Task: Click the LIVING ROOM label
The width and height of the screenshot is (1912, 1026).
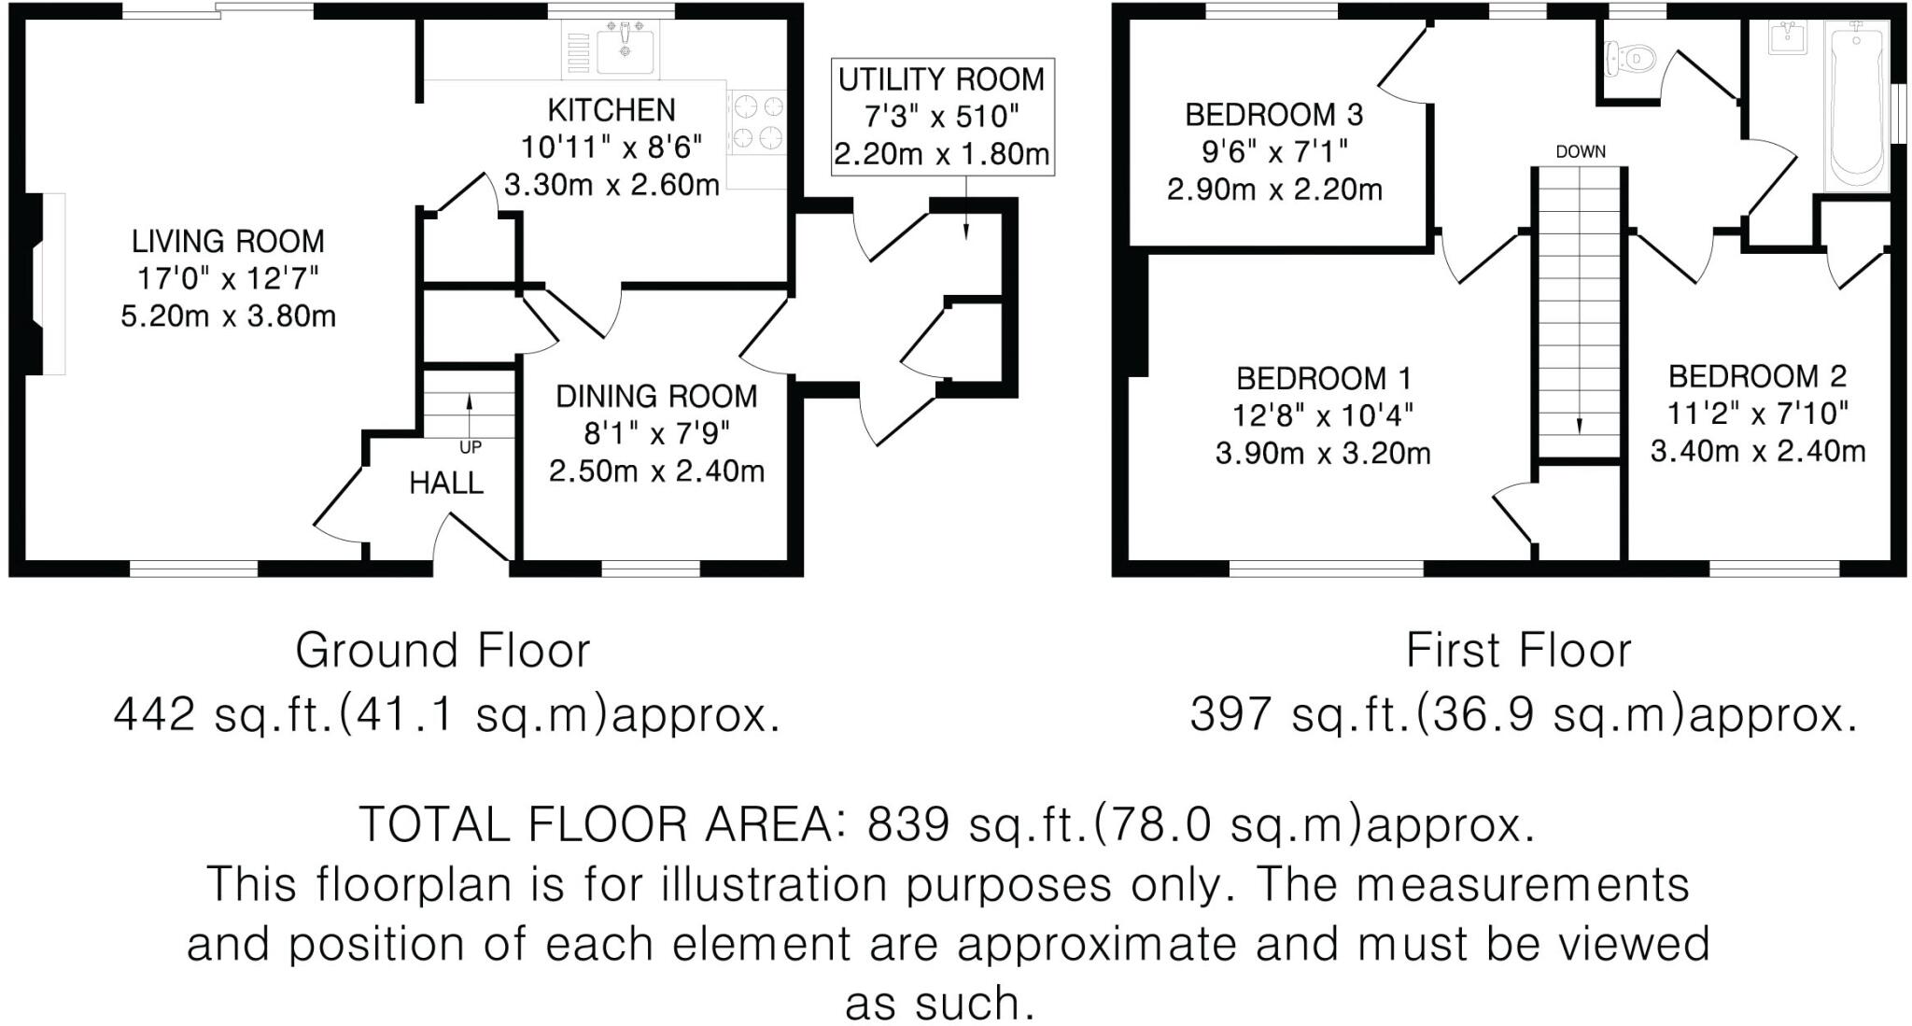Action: [228, 242]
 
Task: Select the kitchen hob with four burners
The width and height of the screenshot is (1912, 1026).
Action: [757, 120]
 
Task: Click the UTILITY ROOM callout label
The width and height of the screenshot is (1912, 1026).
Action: [941, 80]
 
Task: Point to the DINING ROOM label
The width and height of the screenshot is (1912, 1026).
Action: [656, 397]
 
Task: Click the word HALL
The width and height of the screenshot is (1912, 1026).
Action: [446, 484]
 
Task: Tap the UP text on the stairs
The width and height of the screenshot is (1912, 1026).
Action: [471, 448]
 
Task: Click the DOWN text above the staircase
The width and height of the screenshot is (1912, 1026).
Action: [1580, 151]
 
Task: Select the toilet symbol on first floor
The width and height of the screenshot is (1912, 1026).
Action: [1629, 59]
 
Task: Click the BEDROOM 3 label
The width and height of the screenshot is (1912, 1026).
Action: [1273, 115]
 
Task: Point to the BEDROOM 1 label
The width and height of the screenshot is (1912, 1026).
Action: [1323, 379]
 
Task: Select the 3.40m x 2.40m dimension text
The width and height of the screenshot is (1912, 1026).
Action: [1757, 452]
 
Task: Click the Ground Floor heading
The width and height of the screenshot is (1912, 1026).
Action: [443, 651]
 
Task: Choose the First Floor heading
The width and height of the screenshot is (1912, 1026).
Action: [1518, 651]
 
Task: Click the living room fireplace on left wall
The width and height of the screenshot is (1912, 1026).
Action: [42, 284]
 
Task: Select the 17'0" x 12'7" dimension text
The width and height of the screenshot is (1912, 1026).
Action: [228, 279]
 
